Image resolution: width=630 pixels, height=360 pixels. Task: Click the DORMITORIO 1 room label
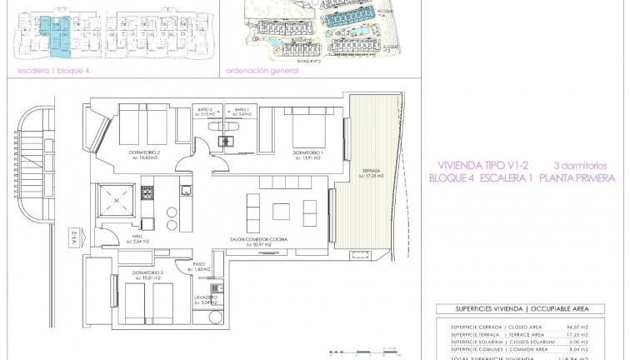point(307,152)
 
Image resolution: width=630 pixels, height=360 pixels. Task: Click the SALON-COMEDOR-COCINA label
point(259,239)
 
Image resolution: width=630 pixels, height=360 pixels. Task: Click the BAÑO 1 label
point(241,110)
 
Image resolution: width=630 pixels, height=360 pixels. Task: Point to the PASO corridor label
point(199,264)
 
